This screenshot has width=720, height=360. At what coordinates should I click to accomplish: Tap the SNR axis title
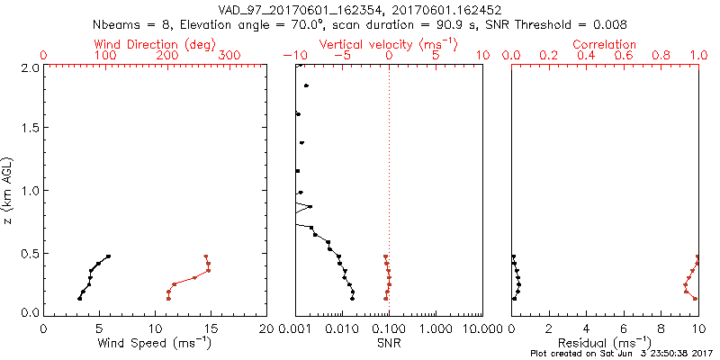389,343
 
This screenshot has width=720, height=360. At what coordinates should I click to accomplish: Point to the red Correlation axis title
605,44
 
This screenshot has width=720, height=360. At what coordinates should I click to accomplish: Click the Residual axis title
605,343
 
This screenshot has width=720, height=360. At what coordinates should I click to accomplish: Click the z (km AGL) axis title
8,190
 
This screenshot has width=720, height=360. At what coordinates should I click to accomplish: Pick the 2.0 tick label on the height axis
29,67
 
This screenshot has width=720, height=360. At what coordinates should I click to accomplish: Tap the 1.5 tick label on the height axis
29,129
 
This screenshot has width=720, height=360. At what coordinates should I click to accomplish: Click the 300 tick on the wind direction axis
229,56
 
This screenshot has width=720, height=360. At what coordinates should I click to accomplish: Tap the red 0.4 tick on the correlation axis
586,56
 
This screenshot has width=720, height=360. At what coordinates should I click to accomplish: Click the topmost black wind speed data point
108,256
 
